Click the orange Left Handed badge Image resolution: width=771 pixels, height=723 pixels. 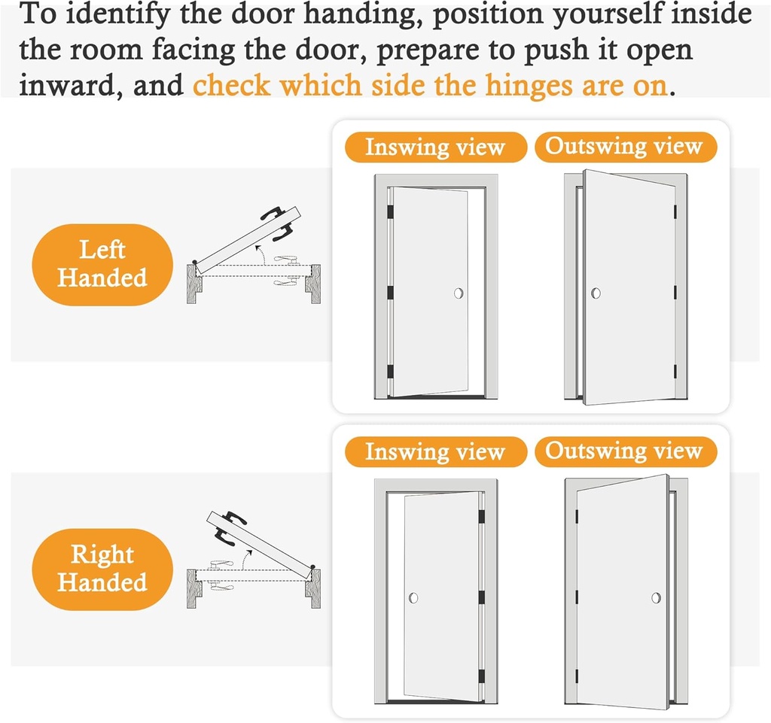click(x=102, y=264)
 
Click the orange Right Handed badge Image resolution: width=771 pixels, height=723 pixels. click(x=102, y=569)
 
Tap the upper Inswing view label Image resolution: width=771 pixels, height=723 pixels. click(x=434, y=147)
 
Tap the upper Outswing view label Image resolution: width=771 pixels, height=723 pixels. click(x=624, y=147)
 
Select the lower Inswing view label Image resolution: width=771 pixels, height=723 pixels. click(x=434, y=452)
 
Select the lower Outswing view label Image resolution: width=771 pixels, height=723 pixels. click(x=624, y=451)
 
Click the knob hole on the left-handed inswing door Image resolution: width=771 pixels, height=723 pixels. click(x=459, y=293)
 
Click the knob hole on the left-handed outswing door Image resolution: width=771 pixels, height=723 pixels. click(x=596, y=292)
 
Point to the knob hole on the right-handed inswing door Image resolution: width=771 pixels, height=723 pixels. click(x=413, y=598)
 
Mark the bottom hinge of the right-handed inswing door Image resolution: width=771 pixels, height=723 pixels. click(x=480, y=676)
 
